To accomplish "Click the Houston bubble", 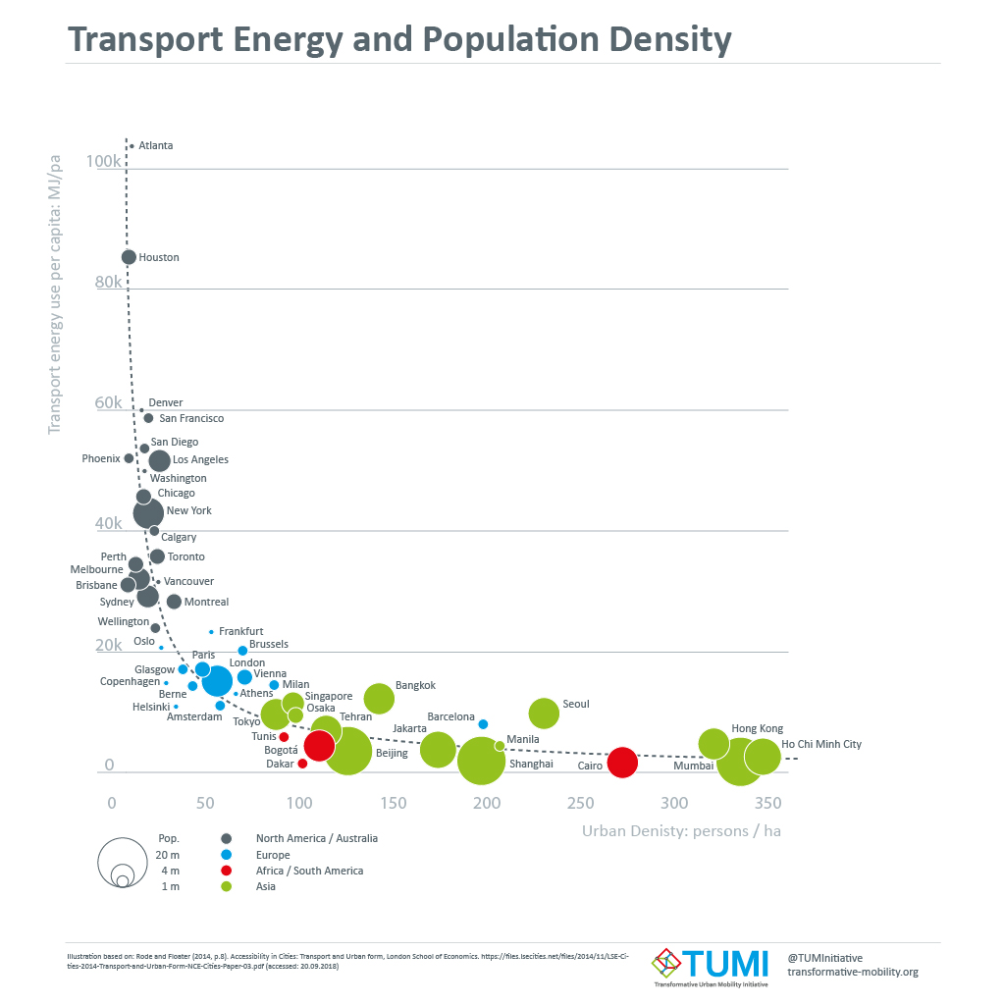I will click(129, 257).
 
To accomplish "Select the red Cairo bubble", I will click(622, 762).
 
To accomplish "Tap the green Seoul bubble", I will click(544, 714).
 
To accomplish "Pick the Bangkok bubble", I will click(379, 698).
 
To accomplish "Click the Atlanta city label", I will click(156, 145).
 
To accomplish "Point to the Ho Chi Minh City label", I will click(821, 744).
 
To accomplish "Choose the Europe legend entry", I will click(273, 855).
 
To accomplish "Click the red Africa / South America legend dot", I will click(227, 871).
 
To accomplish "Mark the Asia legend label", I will click(266, 886).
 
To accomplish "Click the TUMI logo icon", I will click(666, 963).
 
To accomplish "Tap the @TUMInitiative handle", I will click(825, 958).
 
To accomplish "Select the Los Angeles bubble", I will click(159, 460).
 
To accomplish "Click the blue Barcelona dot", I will click(483, 724).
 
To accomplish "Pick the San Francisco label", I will click(191, 418).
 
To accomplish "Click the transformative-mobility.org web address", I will click(853, 972).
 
